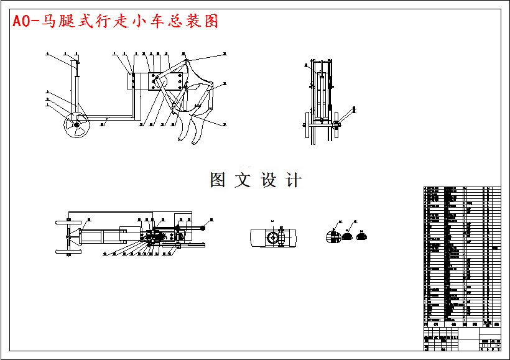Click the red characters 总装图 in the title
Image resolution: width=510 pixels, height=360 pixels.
tap(198, 22)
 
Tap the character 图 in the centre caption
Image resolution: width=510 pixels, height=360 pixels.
tap(218, 180)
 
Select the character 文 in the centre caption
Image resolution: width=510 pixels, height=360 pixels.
tap(243, 180)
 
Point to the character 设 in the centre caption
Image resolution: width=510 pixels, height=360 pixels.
tap(269, 180)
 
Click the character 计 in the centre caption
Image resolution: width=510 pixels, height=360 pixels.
tap(294, 180)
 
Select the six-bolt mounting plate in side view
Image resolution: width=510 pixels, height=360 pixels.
tap(165, 81)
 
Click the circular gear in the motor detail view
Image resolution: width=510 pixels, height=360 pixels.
tap(273, 239)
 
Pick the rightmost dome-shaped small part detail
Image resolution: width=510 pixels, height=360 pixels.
tap(364, 235)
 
